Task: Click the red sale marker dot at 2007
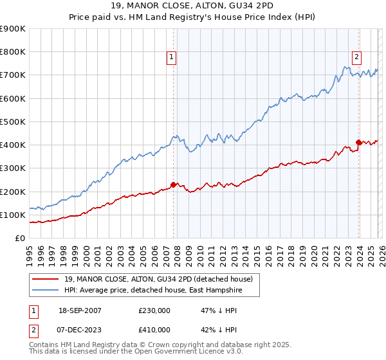pyautogui.click(x=173, y=184)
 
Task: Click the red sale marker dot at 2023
pyautogui.click(x=358, y=143)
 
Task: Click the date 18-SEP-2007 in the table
pyautogui.click(x=78, y=310)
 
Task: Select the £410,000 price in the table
pyautogui.click(x=154, y=330)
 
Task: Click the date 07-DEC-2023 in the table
pyautogui.click(x=78, y=330)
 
